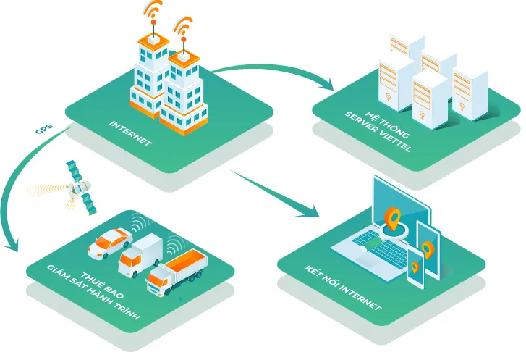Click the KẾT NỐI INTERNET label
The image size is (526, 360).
coord(342,288)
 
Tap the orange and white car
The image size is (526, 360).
coord(109,242)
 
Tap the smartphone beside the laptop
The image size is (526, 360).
coord(415,266)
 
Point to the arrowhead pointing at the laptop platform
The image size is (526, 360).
coord(309,211)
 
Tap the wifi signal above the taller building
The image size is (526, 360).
coord(153,12)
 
